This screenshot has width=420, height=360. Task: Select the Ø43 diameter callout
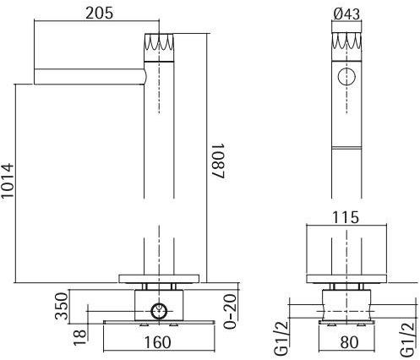[x=346, y=13]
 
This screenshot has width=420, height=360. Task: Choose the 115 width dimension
[x=346, y=216]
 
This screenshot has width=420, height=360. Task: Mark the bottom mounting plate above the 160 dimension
[x=156, y=324]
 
